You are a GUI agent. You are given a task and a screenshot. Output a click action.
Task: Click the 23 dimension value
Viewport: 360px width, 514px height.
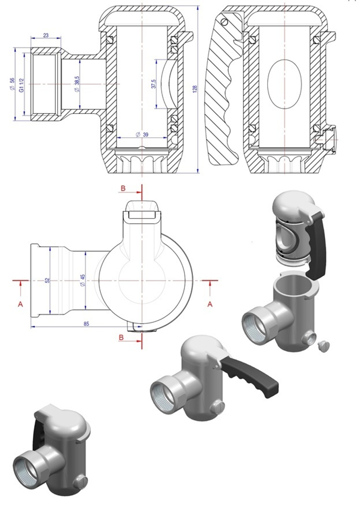(x=46, y=36)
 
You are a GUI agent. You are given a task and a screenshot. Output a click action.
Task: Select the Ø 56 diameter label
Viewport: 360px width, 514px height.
(x=12, y=84)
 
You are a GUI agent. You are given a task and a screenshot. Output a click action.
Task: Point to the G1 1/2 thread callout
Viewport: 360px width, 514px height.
(x=22, y=85)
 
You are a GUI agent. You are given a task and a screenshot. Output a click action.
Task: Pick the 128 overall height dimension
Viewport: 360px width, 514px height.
(x=195, y=89)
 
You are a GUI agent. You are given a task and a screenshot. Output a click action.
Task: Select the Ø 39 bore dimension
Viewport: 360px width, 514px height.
(x=142, y=135)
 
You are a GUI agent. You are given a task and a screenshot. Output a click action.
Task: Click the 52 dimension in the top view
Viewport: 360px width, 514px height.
(x=47, y=280)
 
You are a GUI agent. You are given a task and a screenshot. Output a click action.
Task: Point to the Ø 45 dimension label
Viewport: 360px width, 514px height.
(x=82, y=280)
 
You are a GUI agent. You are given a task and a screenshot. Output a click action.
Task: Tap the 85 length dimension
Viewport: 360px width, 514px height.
(x=86, y=324)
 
